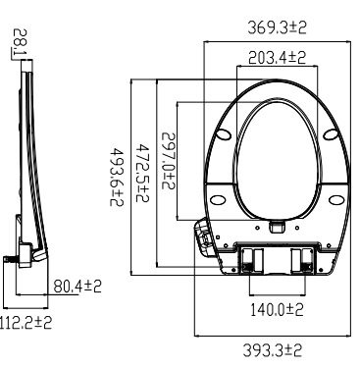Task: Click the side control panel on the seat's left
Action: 204,234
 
